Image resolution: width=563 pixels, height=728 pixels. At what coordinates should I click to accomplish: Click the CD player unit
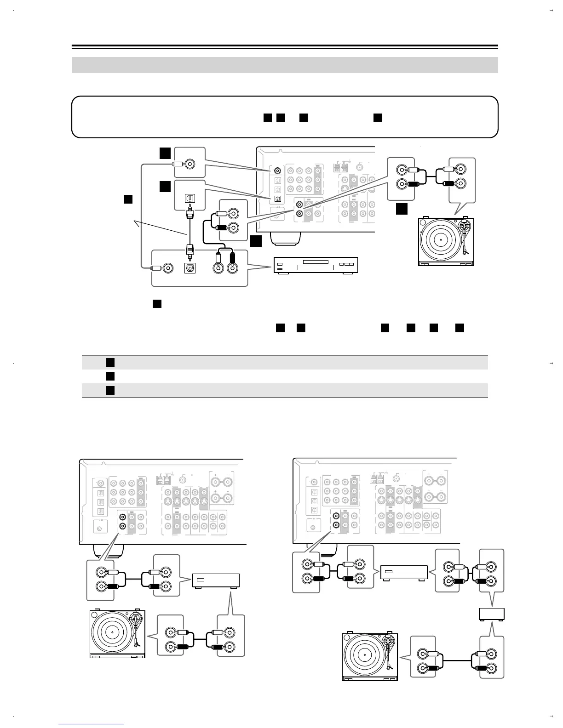316,266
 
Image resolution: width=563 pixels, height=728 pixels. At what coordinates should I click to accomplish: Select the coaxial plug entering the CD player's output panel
155,268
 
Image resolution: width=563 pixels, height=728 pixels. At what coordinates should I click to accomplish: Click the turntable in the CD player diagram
446,241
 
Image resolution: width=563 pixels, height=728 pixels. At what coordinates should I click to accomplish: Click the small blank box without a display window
492,614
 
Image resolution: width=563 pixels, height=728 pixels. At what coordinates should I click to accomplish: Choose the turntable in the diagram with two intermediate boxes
370,656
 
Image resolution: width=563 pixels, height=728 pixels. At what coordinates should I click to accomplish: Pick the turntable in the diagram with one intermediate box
117,634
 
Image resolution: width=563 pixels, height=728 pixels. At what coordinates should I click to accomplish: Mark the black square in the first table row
109,362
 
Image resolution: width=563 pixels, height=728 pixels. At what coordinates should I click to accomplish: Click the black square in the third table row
109,390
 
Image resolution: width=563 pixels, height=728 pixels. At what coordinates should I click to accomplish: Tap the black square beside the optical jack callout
166,186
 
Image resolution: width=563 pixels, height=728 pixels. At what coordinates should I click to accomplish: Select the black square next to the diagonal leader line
128,199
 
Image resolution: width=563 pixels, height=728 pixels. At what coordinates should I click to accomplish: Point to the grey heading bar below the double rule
285,65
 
